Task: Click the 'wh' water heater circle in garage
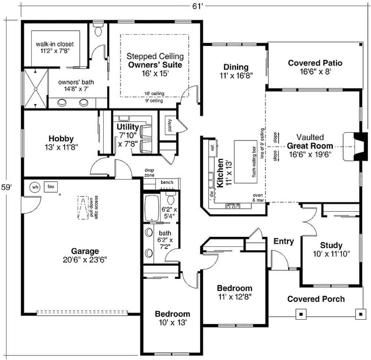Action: click(35, 187)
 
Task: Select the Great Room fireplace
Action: click(354, 146)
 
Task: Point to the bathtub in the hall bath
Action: click(151, 208)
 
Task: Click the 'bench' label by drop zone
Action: click(167, 182)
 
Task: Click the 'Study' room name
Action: click(331, 245)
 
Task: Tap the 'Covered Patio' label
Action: click(315, 63)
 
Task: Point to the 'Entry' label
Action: click(283, 241)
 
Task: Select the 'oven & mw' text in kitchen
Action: click(257, 198)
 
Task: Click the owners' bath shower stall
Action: click(36, 88)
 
